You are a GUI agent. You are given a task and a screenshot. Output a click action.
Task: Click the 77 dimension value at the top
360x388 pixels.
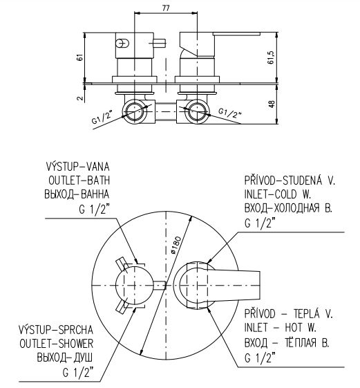tap(166, 8)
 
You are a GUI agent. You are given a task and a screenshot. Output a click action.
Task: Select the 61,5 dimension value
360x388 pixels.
tap(271, 57)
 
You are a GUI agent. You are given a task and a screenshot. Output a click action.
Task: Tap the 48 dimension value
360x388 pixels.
tap(272, 104)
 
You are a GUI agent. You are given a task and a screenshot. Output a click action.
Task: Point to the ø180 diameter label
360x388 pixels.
tap(176, 245)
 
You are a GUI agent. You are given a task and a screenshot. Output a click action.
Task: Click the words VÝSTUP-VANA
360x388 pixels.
tap(77, 166)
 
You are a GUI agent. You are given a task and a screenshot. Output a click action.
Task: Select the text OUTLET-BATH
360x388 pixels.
tap(79, 181)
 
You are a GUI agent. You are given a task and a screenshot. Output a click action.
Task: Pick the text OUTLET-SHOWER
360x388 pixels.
tap(57, 344)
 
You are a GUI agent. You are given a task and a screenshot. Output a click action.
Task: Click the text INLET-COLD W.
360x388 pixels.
tap(277, 194)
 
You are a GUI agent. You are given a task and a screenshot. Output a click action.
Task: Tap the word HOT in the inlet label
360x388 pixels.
tap(294, 328)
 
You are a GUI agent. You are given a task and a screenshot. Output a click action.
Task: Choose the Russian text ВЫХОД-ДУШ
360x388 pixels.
tap(65, 358)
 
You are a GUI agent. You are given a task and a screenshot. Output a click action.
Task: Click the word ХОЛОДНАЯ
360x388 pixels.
tap(296, 208)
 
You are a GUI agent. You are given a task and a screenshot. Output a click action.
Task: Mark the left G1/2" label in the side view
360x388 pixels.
tap(102, 117)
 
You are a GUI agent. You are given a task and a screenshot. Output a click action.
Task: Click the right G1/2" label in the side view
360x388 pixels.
tap(230, 113)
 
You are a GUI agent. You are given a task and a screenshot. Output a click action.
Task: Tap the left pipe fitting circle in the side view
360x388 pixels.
tap(135, 111)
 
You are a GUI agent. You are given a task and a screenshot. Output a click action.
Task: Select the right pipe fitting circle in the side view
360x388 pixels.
tap(197, 111)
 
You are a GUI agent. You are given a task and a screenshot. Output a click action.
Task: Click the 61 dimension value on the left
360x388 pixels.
tap(80, 57)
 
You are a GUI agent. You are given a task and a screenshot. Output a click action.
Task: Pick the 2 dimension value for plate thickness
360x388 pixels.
tap(80, 98)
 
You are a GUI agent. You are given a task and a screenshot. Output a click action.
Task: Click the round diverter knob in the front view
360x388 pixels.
tap(134, 286)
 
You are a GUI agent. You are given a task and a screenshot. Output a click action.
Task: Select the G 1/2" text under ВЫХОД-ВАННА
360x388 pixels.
tap(94, 210)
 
